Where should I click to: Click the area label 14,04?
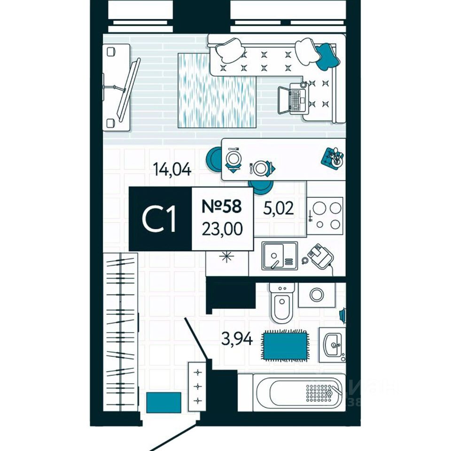point(172,169)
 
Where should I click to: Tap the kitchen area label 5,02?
point(279,208)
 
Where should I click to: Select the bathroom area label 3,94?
point(236,338)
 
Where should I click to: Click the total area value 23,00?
point(222,230)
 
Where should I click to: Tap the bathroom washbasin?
point(333,345)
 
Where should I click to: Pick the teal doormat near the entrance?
point(163,402)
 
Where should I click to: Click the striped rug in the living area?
point(217,90)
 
